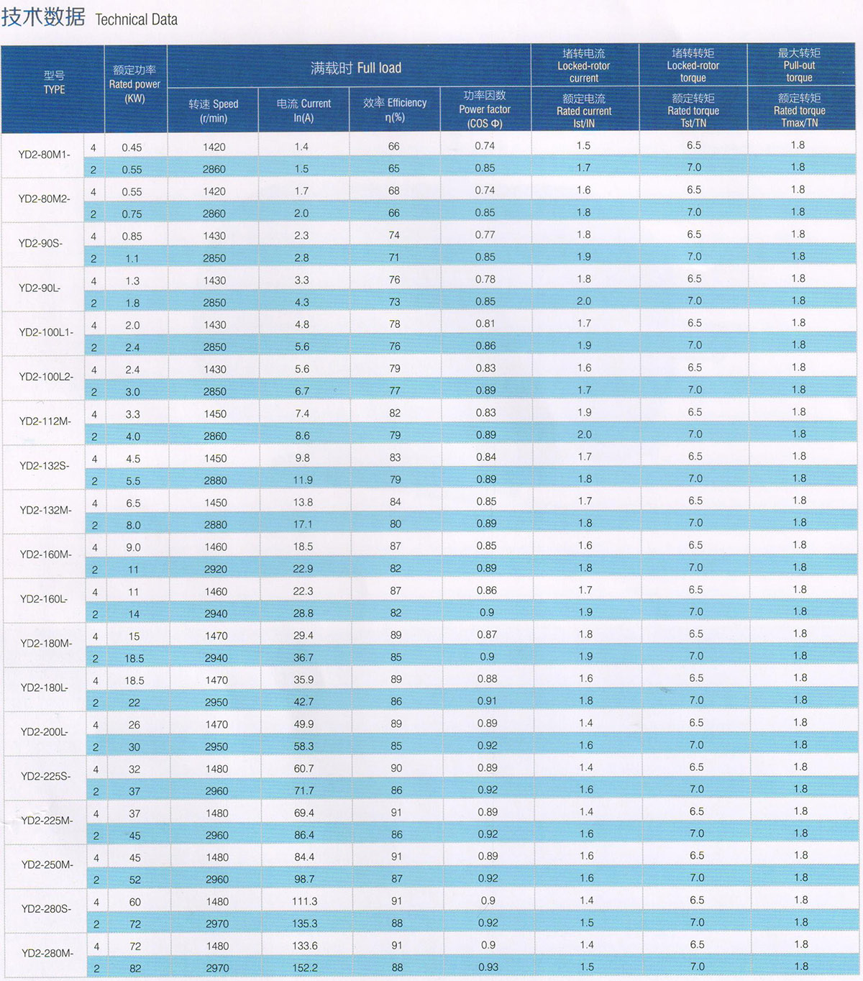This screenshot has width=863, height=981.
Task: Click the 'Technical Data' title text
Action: point(136,19)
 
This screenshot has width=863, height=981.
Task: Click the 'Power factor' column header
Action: point(484,109)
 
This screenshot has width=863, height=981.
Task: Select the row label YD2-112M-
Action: point(45,421)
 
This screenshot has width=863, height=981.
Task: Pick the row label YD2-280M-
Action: point(47,953)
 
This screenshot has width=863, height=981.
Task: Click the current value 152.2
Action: point(305,967)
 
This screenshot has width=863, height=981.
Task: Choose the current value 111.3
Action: point(305,900)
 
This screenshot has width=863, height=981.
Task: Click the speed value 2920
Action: point(216,569)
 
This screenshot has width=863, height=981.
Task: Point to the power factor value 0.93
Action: point(488,967)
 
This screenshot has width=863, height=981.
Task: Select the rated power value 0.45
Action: point(132,147)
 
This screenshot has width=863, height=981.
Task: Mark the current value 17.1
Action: point(303,524)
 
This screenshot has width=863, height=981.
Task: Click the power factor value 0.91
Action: point(487,701)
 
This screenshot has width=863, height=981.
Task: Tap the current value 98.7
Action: point(304,879)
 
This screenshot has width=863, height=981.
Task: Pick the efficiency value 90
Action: point(396,768)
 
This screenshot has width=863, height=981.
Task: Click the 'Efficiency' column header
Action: point(395,109)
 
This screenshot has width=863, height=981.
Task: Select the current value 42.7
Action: point(303,702)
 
